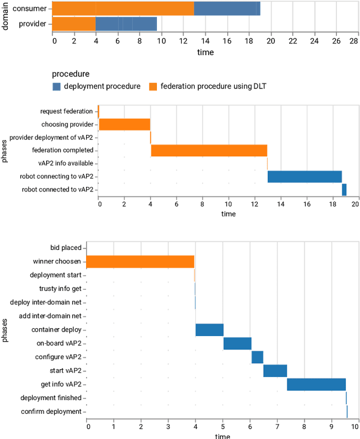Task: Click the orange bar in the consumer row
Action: pos(124,8)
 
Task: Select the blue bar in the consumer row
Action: pos(227,8)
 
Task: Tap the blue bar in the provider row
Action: pos(126,24)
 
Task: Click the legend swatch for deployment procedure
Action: pos(56,86)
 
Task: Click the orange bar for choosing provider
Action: pos(124,124)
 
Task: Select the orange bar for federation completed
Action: pos(209,150)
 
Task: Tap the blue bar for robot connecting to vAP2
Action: pos(304,176)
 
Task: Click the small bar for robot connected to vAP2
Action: pos(344,190)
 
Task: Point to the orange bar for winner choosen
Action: pos(140,261)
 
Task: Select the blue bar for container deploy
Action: pos(209,330)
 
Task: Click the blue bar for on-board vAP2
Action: pos(237,343)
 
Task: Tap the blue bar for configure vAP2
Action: pos(257,357)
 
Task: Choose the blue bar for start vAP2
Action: pos(275,371)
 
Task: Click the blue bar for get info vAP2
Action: pos(316,384)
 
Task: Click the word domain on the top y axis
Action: pos(5,16)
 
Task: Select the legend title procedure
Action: pos(70,74)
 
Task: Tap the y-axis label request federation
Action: pos(66,111)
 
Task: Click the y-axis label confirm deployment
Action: pos(51,412)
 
